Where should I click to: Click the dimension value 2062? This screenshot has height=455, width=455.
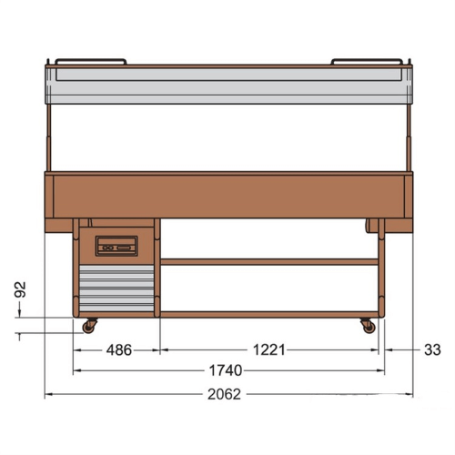[224, 394]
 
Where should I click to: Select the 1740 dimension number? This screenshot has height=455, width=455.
[226, 370]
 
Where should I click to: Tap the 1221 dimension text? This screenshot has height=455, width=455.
[269, 350]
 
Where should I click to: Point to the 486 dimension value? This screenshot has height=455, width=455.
[119, 350]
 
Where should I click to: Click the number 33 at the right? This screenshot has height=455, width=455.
[432, 350]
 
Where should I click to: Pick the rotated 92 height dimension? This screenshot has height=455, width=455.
[20, 289]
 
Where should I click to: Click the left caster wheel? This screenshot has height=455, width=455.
[89, 327]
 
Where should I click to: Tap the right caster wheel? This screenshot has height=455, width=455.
[369, 327]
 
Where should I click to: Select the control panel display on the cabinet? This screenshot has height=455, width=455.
[116, 246]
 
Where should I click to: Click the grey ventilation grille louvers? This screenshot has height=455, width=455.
[116, 288]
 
